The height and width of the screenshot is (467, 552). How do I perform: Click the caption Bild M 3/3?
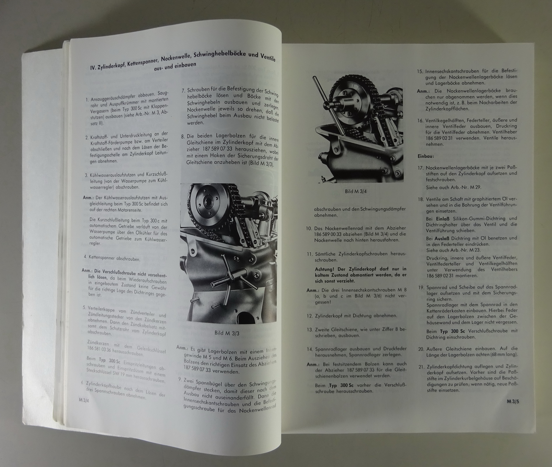click(x=227, y=333)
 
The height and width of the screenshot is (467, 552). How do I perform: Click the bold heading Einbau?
click(x=426, y=156)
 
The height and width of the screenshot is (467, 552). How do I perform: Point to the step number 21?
click(x=421, y=367)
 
